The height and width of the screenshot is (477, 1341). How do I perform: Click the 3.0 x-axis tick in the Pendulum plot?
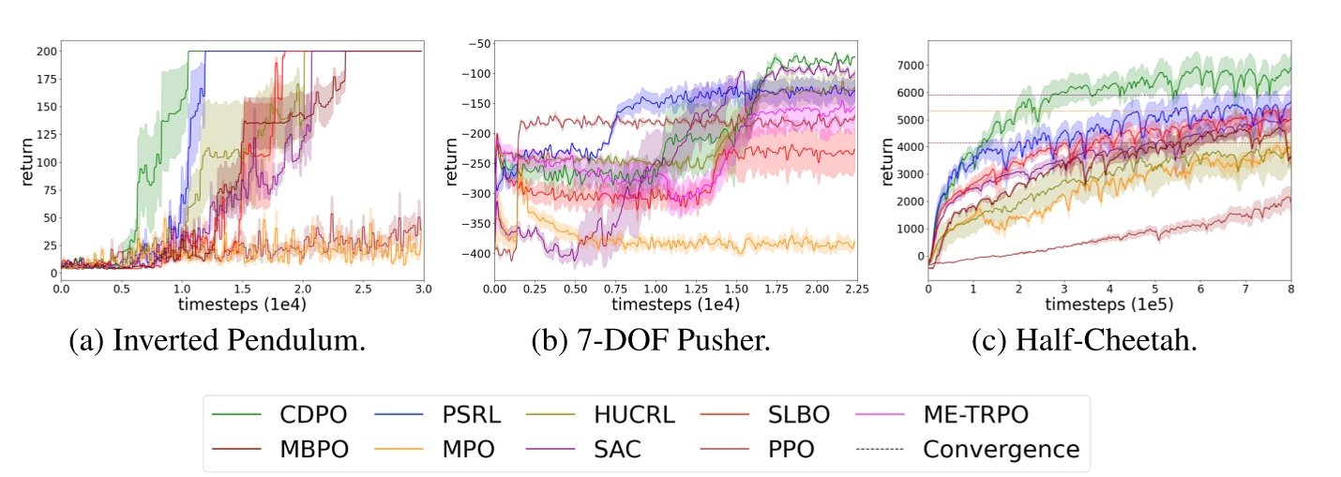(x=422, y=291)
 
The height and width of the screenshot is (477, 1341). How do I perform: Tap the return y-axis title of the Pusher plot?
(x=452, y=161)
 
